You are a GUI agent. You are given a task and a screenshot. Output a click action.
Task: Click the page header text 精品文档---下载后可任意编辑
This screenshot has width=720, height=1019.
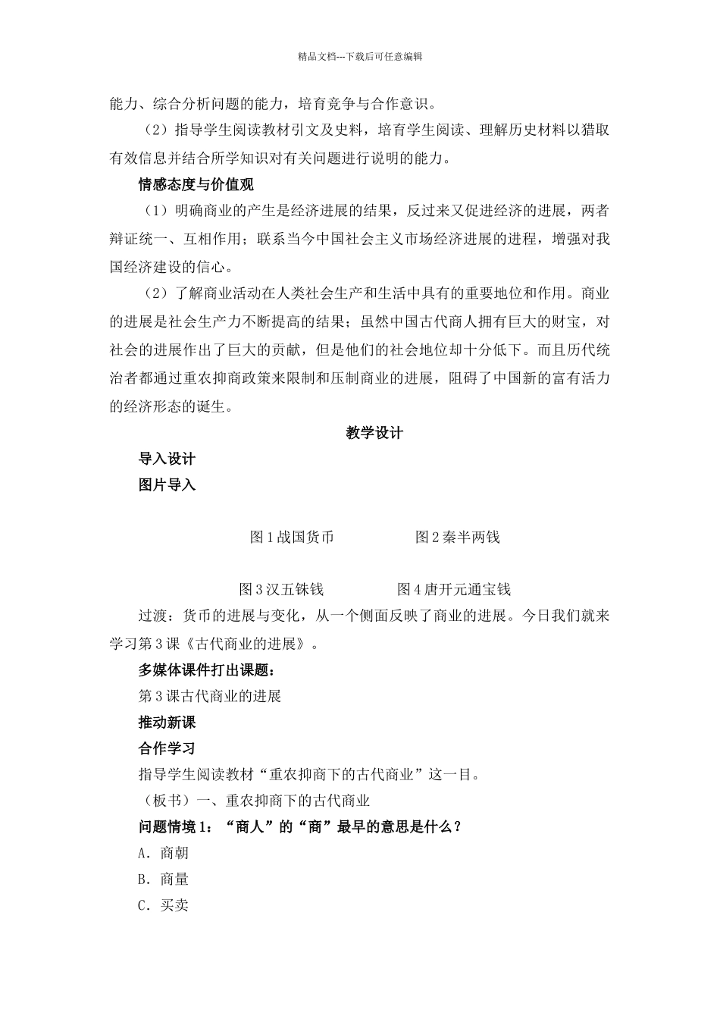tap(359, 55)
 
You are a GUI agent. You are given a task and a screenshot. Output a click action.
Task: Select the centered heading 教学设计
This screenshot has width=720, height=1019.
tap(374, 433)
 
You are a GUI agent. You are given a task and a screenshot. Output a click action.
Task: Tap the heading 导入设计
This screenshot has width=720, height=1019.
tap(167, 459)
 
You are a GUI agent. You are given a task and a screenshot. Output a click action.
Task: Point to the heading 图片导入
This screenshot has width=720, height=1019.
tap(167, 484)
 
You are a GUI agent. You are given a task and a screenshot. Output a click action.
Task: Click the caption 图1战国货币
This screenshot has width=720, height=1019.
tap(292, 538)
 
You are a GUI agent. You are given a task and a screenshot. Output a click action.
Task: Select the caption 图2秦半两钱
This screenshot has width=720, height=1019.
tap(457, 538)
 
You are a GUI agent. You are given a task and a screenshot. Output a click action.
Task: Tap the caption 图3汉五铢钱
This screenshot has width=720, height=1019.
tap(281, 589)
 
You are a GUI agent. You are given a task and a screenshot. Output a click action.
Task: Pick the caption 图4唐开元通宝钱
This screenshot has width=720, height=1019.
tap(453, 589)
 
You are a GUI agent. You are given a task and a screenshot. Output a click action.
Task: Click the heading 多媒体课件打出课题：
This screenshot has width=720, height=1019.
tap(206, 670)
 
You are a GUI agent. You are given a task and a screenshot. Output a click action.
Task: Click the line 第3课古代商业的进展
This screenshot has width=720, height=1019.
tap(209, 696)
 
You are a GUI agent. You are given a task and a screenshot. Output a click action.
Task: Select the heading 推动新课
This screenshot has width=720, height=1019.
tap(167, 722)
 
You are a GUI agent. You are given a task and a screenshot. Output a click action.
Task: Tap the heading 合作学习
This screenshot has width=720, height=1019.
tap(167, 748)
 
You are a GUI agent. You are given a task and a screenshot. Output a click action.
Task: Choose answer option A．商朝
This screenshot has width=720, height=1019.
tap(163, 853)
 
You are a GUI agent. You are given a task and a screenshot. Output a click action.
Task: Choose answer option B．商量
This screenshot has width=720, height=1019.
tap(163, 879)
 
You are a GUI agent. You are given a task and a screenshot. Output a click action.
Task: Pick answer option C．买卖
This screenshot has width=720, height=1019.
tap(163, 905)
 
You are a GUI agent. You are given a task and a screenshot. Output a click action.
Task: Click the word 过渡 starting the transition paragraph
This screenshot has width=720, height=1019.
tap(152, 615)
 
